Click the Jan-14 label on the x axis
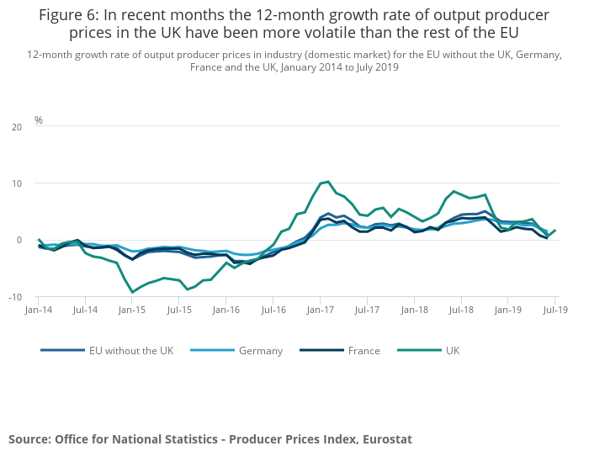click(38, 311)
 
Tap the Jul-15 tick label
click(179, 311)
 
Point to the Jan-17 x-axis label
click(320, 311)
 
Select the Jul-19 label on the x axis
click(555, 311)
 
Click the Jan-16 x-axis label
click(226, 311)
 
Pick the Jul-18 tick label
click(460, 311)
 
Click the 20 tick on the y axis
click(16, 127)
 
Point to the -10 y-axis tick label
click(14, 297)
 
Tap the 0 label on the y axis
click(19, 240)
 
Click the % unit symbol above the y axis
click(39, 120)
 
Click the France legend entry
click(363, 350)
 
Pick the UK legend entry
click(451, 350)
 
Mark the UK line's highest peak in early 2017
click(328, 181)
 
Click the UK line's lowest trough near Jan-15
click(132, 292)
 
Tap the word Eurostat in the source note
click(383, 439)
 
